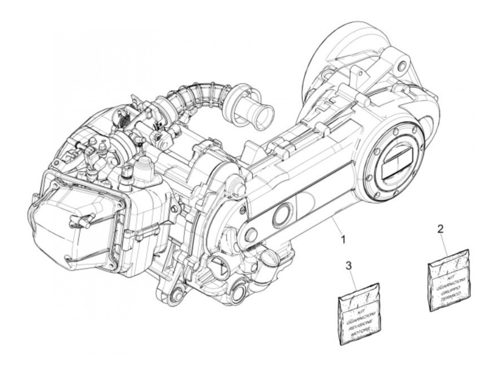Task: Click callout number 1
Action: pos(343,240)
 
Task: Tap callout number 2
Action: pos(441,229)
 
